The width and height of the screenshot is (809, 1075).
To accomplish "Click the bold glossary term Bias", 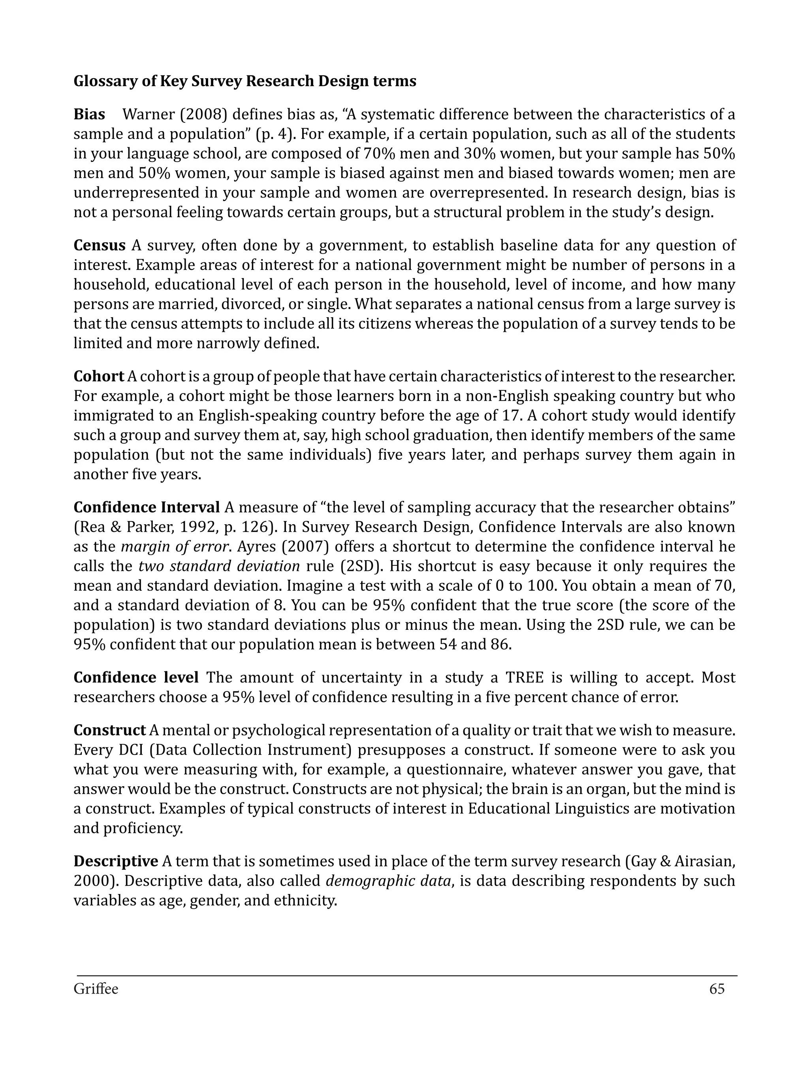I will [x=89, y=115].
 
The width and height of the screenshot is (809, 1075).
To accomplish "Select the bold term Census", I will [x=99, y=245].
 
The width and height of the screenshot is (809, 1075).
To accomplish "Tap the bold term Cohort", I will [x=99, y=376].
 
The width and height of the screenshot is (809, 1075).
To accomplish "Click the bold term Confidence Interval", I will [x=146, y=507].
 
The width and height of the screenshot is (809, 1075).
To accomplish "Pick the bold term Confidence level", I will [x=135, y=678].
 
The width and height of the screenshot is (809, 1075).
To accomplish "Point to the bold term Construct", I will [x=109, y=730].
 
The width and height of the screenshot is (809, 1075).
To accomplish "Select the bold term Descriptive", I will [x=116, y=861].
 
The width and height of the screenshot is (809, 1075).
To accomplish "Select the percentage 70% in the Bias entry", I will [x=378, y=154].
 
